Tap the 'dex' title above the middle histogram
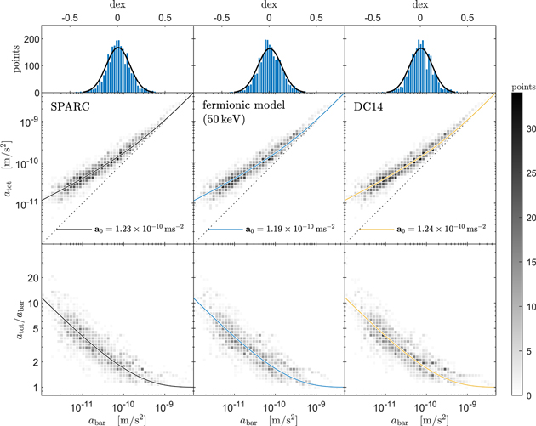click(x=269, y=6)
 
